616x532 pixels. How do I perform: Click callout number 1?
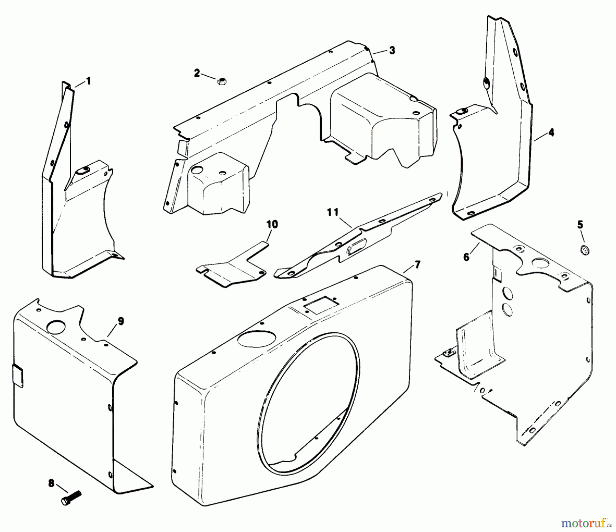point(88,81)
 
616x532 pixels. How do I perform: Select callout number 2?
point(197,73)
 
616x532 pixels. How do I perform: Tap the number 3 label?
point(392,50)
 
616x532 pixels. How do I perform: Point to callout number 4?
point(551,132)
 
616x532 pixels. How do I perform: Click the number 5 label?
point(580,225)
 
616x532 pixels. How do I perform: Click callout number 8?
point(51,484)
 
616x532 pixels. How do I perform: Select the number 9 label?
point(120,321)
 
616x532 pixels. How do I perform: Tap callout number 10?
point(272,225)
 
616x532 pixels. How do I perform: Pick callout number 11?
point(332,213)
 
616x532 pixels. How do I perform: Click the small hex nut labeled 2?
point(221,81)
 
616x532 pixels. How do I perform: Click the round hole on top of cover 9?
point(55,327)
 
